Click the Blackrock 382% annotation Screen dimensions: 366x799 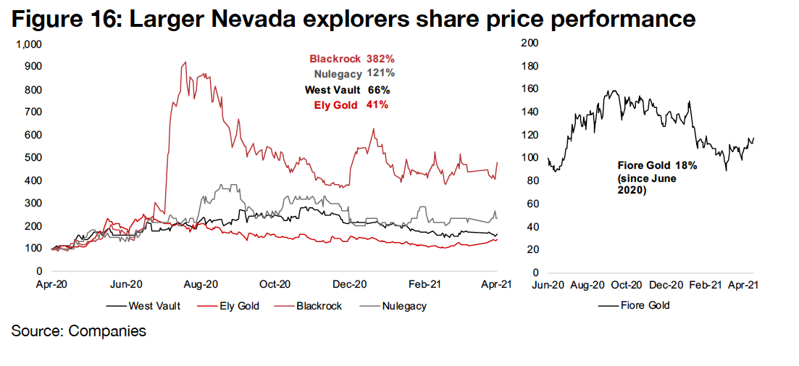pos(351,59)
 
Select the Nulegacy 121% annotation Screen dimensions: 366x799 pos(354,74)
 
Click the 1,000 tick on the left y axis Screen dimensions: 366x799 pos(30,44)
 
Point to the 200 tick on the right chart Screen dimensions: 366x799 pos(530,44)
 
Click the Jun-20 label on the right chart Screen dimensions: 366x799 pos(548,285)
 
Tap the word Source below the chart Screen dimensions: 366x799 pos(33,331)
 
